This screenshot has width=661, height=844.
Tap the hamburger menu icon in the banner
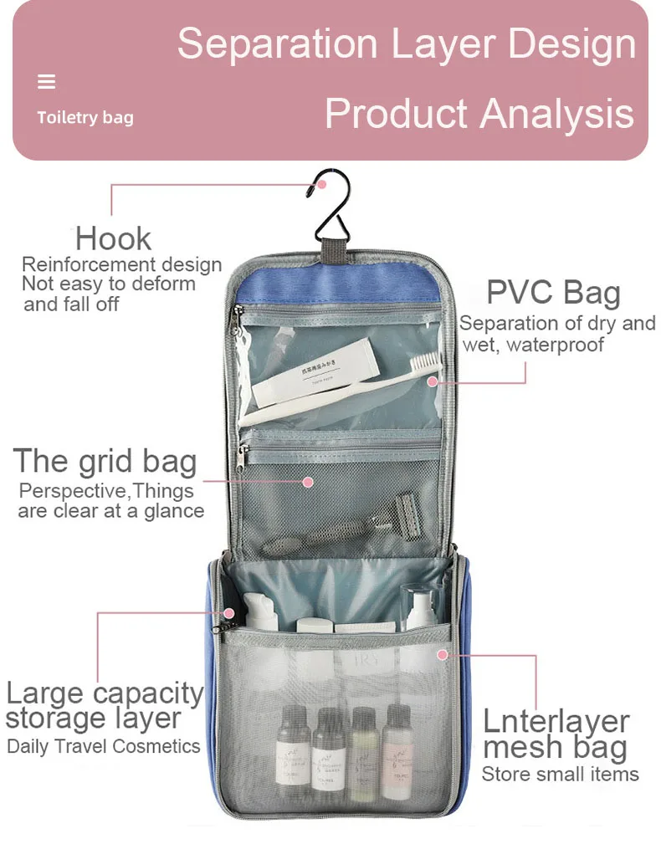47,82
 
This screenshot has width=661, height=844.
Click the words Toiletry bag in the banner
85,118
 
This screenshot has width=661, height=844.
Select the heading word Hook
113,239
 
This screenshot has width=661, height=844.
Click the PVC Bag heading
553,294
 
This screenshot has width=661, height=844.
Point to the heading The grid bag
105,462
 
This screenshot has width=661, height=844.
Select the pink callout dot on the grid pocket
307,482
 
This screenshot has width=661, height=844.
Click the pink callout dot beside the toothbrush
432,381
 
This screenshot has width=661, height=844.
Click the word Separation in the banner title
277,43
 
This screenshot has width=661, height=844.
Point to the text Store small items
560,775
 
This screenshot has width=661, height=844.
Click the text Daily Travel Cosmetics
104,746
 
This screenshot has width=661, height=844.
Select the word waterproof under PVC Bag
556,344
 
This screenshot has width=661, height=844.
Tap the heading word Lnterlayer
556,721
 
